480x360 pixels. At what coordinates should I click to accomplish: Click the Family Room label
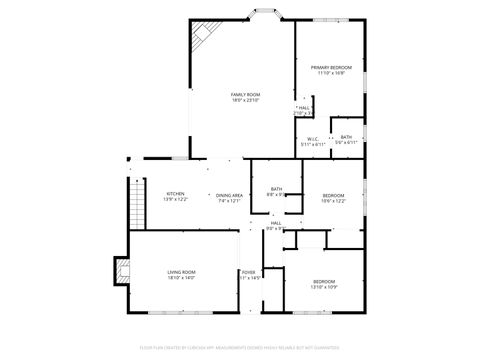click(x=246, y=94)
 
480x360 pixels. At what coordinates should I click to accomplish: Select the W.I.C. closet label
click(x=313, y=139)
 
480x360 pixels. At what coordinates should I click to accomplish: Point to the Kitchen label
click(x=175, y=194)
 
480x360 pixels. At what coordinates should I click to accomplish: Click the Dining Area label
click(x=229, y=194)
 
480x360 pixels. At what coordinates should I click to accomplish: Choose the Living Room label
click(x=181, y=272)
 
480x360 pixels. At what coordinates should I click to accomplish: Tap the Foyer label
click(x=249, y=272)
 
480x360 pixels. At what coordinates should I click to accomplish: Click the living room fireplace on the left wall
click(x=122, y=270)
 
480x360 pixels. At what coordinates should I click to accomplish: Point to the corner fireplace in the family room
click(x=204, y=36)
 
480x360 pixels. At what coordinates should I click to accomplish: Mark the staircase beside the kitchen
click(x=131, y=200)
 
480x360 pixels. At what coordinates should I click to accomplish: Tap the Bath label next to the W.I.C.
click(x=346, y=137)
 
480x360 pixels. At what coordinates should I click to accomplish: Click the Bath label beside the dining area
click(x=276, y=189)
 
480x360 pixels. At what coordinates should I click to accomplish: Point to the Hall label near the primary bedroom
click(x=304, y=108)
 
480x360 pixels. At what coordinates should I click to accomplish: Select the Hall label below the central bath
click(x=276, y=223)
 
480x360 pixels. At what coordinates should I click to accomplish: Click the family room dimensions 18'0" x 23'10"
click(x=246, y=100)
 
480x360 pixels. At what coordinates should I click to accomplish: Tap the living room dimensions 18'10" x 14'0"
click(x=181, y=278)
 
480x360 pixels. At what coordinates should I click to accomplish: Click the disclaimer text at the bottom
click(x=240, y=348)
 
